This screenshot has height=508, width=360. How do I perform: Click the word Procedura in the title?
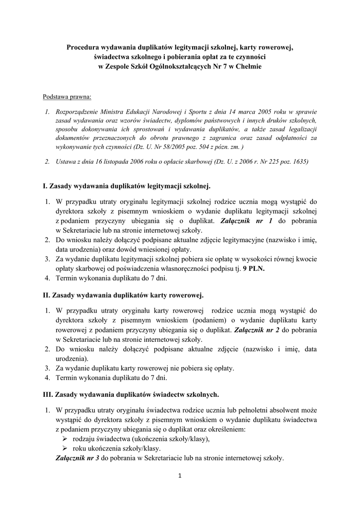83,48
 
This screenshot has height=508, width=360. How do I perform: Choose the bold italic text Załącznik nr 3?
78,458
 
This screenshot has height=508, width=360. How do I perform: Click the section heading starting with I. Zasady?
127,186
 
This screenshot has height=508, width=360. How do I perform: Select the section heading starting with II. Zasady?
123,295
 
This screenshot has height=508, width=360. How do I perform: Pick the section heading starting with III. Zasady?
131,394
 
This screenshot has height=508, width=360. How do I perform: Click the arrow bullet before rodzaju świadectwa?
65,439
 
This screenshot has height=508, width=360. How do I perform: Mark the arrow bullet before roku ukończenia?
65,448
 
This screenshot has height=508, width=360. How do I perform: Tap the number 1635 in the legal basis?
298,161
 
